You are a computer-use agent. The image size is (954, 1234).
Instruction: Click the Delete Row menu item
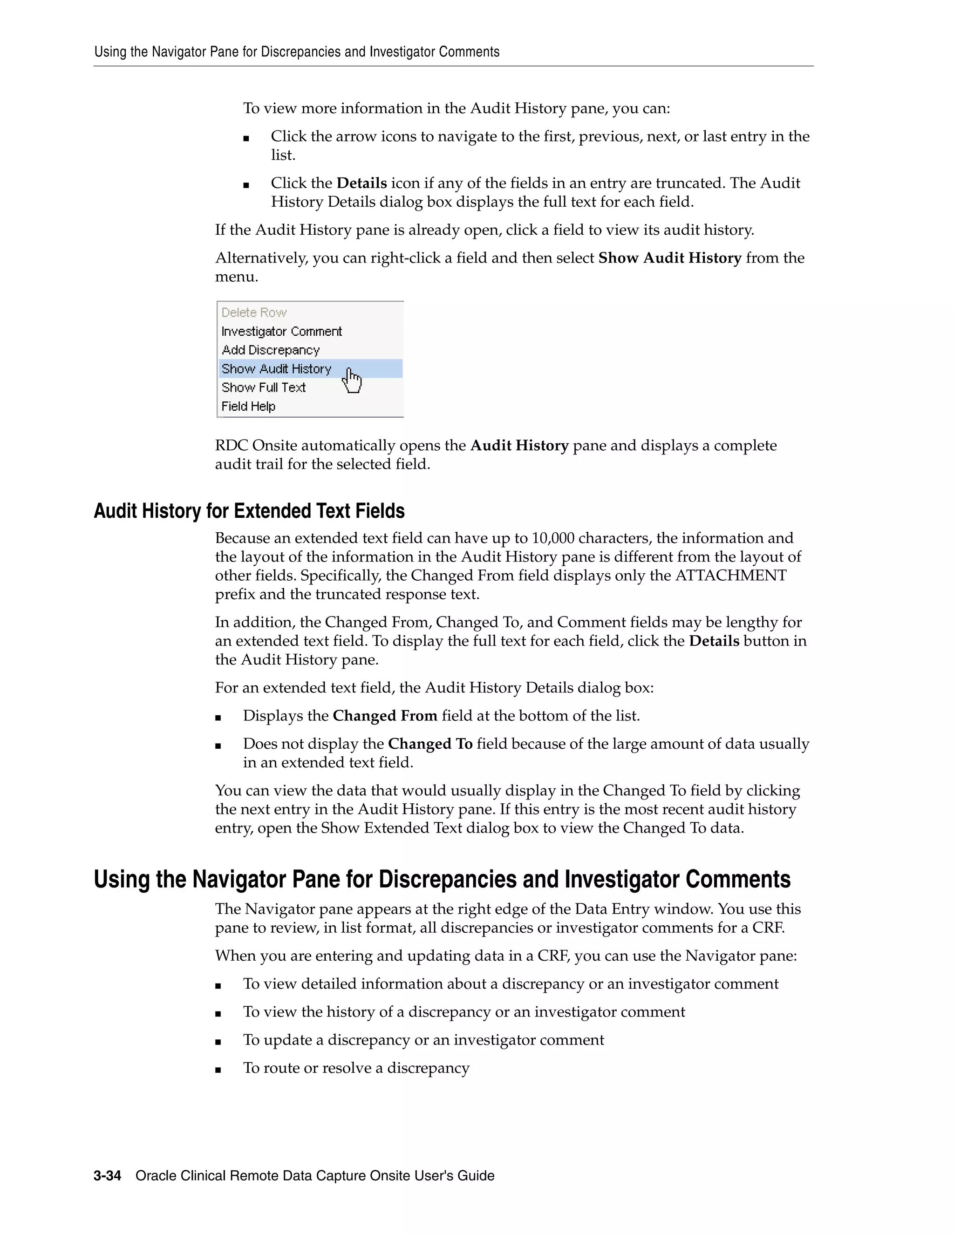(x=254, y=312)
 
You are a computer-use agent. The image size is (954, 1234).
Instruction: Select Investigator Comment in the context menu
(x=281, y=331)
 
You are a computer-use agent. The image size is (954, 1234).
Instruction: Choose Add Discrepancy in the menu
(x=270, y=350)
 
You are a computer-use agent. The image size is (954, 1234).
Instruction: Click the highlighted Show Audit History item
(x=276, y=369)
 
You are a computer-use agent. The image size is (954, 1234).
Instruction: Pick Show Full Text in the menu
(x=263, y=387)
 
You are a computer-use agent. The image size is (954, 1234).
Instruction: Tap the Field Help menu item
(x=248, y=406)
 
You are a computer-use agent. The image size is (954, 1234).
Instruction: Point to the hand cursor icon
(x=352, y=380)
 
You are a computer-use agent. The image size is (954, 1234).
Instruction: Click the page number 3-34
(x=108, y=1176)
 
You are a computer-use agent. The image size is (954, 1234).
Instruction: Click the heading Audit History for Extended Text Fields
(x=249, y=511)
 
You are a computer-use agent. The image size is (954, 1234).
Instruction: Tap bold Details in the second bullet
(x=361, y=183)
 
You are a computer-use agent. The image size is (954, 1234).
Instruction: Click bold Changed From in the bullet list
(x=385, y=716)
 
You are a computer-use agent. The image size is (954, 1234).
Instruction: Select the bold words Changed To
(x=430, y=744)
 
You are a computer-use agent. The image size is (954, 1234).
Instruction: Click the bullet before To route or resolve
(x=218, y=1070)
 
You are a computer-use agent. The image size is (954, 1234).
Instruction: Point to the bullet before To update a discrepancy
(x=218, y=1041)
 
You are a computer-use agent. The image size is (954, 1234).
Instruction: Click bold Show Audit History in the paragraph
(x=670, y=258)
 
